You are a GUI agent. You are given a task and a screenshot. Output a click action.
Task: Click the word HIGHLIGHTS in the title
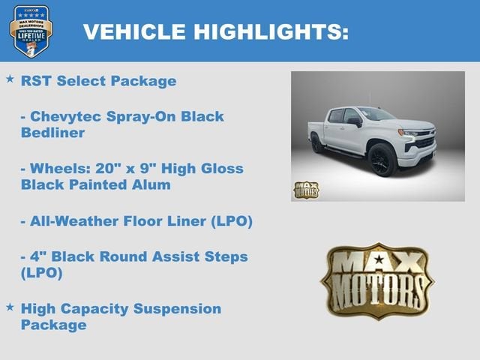[271, 31]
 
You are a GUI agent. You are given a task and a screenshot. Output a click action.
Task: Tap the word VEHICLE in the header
[133, 31]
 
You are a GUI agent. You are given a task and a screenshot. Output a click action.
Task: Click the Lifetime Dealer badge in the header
[31, 30]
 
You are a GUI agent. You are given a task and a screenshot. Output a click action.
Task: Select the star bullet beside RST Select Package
[10, 79]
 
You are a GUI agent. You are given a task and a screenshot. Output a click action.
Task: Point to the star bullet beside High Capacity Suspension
[10, 307]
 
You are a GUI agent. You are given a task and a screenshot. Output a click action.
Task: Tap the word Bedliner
[52, 133]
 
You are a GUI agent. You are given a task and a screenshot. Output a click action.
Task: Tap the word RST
[35, 81]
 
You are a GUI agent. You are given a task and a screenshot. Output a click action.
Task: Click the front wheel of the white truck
[381, 158]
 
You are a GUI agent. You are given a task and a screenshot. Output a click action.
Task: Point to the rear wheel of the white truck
[318, 143]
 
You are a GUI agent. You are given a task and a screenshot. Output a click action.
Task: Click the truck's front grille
[424, 139]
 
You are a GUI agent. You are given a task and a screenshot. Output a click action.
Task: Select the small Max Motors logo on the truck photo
[305, 190]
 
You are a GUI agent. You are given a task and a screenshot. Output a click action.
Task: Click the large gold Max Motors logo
[377, 280]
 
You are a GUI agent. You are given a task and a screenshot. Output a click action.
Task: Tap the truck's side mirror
[354, 121]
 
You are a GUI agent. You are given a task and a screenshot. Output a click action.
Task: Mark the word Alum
[151, 184]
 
